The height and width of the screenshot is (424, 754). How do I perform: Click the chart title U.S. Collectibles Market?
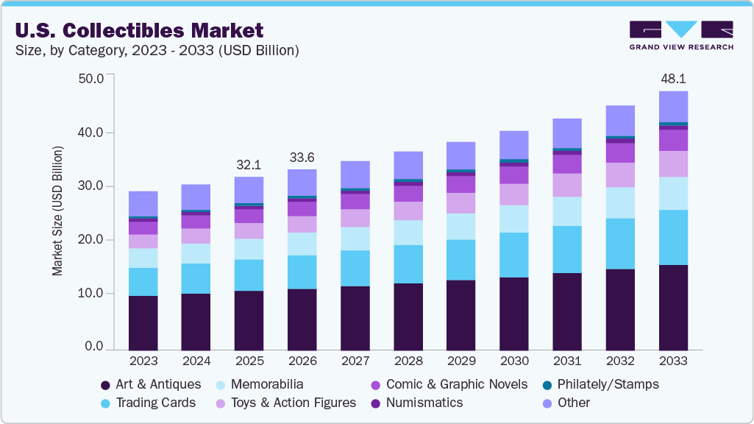pyautogui.click(x=138, y=31)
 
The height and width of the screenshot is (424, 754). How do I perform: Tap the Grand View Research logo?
pyautogui.click(x=681, y=35)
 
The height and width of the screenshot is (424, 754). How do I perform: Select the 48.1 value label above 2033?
pyautogui.click(x=672, y=79)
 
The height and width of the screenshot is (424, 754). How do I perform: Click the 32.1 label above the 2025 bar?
pyautogui.click(x=249, y=164)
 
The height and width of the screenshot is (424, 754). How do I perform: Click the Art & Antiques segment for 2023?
pyautogui.click(x=143, y=322)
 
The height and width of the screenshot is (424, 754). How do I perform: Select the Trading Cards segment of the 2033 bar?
pyautogui.click(x=673, y=237)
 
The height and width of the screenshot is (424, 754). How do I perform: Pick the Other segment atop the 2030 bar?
pyautogui.click(x=513, y=145)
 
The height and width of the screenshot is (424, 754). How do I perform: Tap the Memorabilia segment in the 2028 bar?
pyautogui.click(x=408, y=233)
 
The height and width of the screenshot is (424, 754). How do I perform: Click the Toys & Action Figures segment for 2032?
pyautogui.click(x=620, y=174)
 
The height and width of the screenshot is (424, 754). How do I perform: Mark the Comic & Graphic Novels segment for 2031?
pyautogui.click(x=567, y=163)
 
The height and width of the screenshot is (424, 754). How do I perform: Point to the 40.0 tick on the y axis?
pyautogui.click(x=92, y=132)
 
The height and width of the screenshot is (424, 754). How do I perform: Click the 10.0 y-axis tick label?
pyautogui.click(x=92, y=293)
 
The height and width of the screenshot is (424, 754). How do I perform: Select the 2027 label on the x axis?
pyautogui.click(x=355, y=361)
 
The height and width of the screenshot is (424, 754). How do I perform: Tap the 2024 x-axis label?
pyautogui.click(x=196, y=361)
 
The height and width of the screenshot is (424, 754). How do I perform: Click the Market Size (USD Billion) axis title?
pyautogui.click(x=57, y=212)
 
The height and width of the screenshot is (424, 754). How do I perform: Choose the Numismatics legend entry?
pyautogui.click(x=424, y=403)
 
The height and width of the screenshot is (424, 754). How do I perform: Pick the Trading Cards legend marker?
pyautogui.click(x=106, y=403)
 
